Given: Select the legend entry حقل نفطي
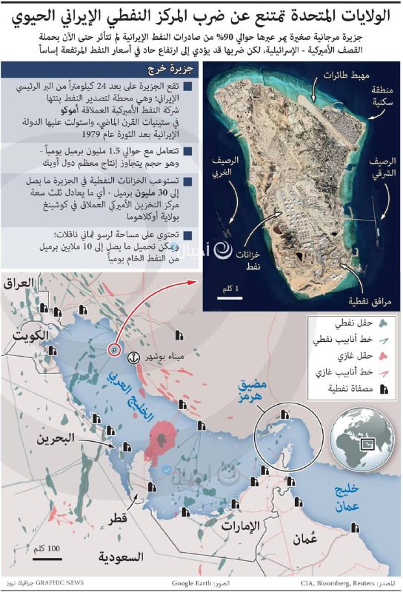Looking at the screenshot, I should (x=359, y=323).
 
